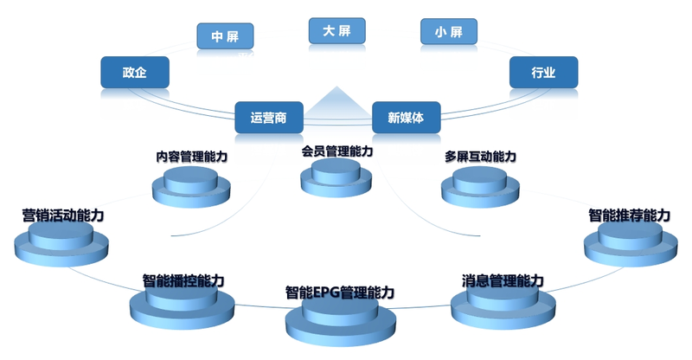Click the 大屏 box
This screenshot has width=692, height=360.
pos(337,30)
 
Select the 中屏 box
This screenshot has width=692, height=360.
pos(225,36)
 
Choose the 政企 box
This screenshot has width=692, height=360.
pos(134,72)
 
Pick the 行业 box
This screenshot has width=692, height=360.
pos(542,72)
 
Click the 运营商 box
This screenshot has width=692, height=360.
pos(268,117)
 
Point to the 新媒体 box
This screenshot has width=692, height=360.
pos(406,117)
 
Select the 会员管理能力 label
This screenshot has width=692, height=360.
pos(337,151)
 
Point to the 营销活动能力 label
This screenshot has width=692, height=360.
pos(63,215)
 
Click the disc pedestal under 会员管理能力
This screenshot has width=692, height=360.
pos(337,177)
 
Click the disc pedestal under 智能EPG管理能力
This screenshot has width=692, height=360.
pos(340,323)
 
